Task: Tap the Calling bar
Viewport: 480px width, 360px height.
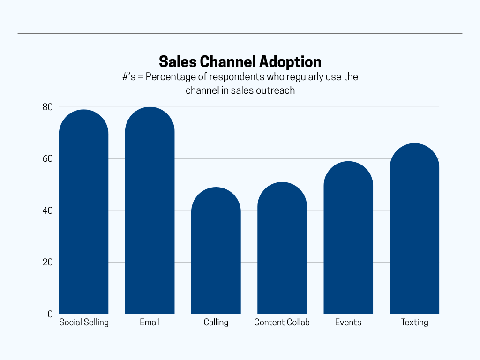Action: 216,253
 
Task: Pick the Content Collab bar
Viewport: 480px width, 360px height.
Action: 282,251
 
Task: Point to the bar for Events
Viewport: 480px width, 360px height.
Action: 348,239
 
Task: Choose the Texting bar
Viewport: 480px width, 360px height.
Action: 414,230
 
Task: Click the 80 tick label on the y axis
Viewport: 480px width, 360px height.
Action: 47,107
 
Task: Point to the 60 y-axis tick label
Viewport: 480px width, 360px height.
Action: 47,159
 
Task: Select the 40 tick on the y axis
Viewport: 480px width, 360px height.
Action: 47,210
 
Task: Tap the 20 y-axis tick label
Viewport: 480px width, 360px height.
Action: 47,262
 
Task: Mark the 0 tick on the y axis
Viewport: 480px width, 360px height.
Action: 50,314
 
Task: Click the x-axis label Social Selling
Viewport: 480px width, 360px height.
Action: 84,322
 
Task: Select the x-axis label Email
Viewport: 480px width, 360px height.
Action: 150,322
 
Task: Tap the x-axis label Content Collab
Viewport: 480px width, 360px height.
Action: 282,322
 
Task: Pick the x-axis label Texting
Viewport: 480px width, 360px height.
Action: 414,322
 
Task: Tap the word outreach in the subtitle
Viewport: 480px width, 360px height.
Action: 275,90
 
